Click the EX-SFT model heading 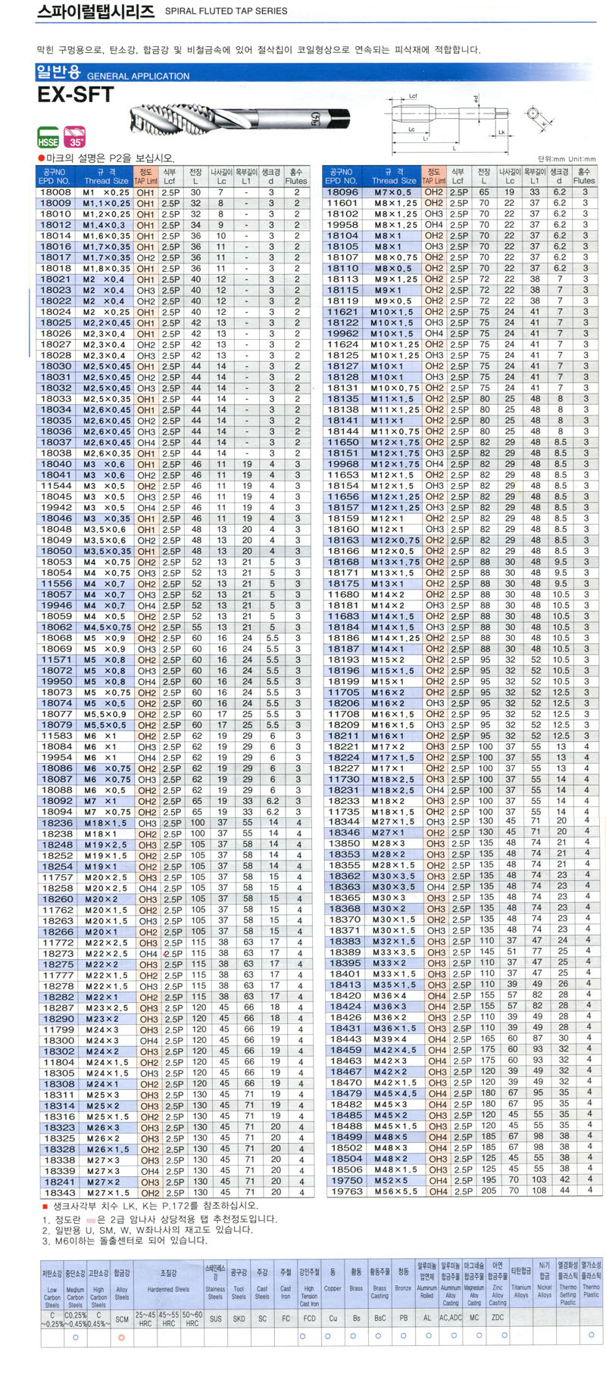click(x=76, y=95)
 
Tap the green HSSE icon click(x=48, y=139)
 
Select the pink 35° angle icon click(x=75, y=139)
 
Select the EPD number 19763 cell click(x=345, y=1191)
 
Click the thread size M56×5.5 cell click(x=395, y=1191)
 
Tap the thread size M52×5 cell click(x=392, y=1180)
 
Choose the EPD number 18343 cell click(x=58, y=1192)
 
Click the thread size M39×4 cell click(x=392, y=1038)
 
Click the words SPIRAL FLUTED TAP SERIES click(x=226, y=11)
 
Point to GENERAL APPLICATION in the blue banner click(x=138, y=76)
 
